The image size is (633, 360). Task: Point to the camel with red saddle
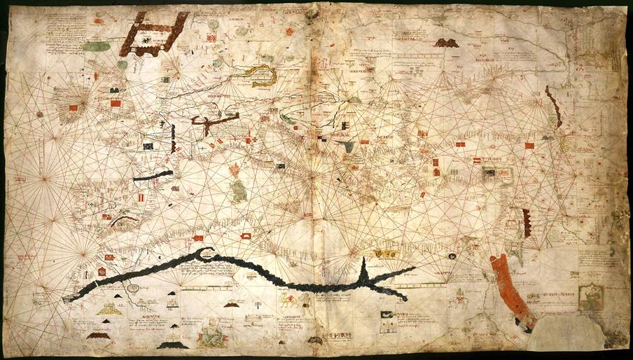pos(286,300)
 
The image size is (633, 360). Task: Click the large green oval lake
pos(97,47)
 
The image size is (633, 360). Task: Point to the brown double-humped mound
pos(446,43)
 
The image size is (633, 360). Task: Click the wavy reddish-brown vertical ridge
pos(554,107)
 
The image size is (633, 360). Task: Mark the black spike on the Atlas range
pos(364,270)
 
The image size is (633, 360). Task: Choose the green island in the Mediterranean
pos(239,189)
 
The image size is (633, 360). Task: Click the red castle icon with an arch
pos(247,237)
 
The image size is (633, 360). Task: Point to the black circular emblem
pos(102,270)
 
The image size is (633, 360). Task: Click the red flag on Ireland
pos(73,109)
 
